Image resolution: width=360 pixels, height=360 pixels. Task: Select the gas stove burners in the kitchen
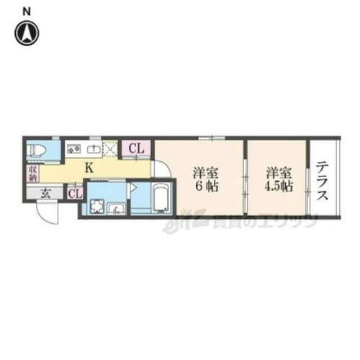pos(74,149)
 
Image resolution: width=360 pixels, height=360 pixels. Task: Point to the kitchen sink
pos(94,149)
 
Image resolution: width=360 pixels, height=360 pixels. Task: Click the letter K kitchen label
pos(89,168)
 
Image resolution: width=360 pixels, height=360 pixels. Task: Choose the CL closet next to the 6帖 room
pos(137,149)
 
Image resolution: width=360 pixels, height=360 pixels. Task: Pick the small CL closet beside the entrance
pos(74,193)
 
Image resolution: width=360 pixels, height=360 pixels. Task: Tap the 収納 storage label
pos(33,173)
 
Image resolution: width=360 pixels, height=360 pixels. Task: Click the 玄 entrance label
pos(45,192)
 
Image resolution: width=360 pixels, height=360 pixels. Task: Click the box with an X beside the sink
pos(112,149)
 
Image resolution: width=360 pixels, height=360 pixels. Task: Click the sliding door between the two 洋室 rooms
pos(245,180)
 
